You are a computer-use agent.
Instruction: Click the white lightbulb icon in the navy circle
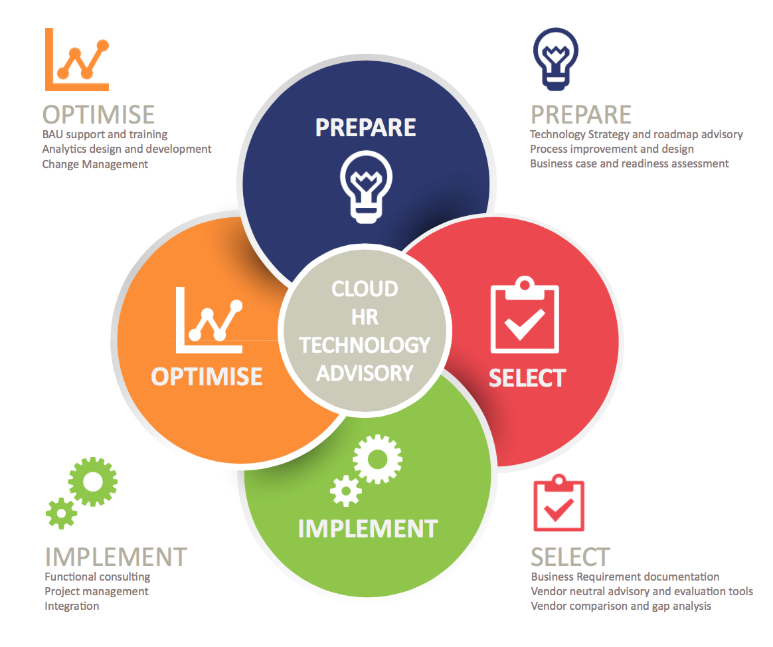click(366, 187)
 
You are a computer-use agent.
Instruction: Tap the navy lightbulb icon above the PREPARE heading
click(556, 58)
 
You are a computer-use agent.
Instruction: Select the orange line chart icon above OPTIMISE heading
click(77, 59)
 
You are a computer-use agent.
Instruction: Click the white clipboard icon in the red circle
click(525, 315)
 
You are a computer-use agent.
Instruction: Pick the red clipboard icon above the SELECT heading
click(558, 502)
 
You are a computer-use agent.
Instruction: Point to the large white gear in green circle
click(378, 459)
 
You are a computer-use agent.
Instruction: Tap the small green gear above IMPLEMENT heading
click(61, 513)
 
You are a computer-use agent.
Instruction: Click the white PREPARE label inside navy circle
click(366, 128)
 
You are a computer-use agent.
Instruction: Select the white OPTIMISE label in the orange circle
click(207, 377)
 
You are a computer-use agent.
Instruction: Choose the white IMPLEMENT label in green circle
click(368, 529)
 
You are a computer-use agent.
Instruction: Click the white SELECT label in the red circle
click(527, 378)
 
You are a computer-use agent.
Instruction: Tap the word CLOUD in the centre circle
click(365, 289)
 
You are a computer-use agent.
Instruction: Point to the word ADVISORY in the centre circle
click(365, 373)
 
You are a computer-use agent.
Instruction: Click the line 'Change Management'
click(95, 164)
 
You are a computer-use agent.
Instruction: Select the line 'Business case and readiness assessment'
click(629, 163)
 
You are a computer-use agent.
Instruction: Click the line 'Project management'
click(97, 591)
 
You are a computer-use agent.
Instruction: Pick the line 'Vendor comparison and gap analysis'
click(621, 606)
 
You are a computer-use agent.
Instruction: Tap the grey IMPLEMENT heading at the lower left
click(116, 557)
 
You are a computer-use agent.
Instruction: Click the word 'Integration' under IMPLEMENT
click(72, 606)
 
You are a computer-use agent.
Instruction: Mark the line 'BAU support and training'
click(105, 135)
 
